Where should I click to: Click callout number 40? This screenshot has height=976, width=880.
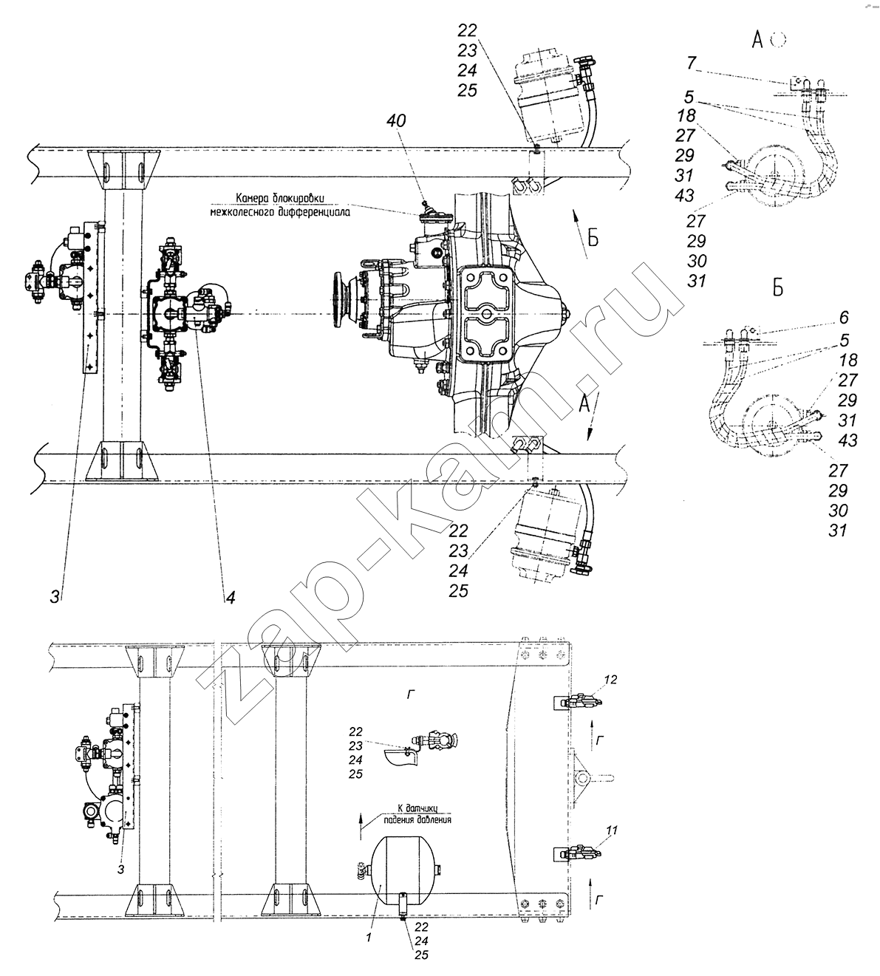click(x=397, y=120)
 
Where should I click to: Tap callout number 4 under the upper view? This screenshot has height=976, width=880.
click(x=231, y=597)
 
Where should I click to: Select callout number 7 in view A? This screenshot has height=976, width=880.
click(x=692, y=63)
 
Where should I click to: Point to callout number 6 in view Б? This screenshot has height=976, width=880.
click(x=844, y=318)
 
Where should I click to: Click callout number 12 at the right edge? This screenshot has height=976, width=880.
click(x=611, y=679)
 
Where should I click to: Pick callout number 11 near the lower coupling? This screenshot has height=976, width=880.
click(x=612, y=830)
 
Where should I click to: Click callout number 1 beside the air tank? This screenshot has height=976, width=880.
click(x=369, y=937)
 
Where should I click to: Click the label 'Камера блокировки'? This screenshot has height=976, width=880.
click(x=280, y=198)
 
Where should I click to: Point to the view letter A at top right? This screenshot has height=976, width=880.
click(x=757, y=41)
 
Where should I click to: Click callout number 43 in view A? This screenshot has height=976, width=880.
click(x=684, y=196)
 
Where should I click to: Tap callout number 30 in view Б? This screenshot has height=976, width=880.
click(x=839, y=511)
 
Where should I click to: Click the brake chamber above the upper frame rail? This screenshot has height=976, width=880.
click(x=548, y=98)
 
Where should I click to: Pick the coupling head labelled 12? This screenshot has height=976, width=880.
click(x=584, y=702)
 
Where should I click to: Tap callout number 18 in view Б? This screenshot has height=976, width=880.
click(x=848, y=360)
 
